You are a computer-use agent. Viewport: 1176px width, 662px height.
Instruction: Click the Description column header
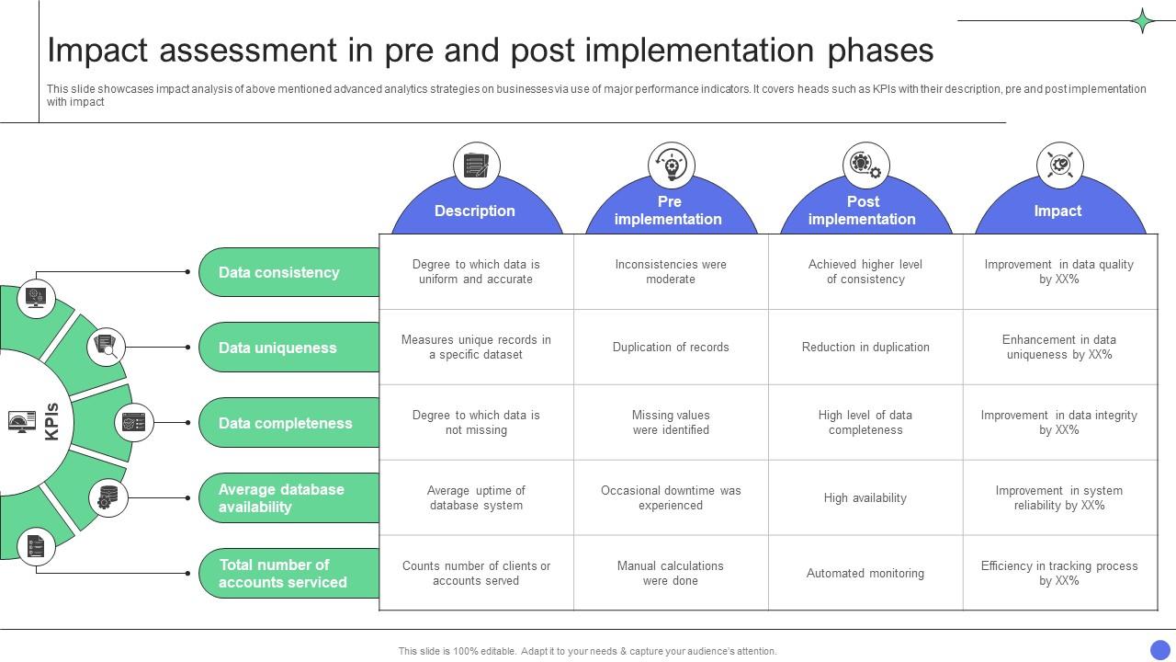pyautogui.click(x=475, y=211)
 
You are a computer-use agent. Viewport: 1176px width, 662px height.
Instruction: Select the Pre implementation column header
pyautogui.click(x=669, y=211)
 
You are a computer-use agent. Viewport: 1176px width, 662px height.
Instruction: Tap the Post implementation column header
pyautogui.click(x=863, y=211)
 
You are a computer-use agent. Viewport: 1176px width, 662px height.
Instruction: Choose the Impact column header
pyautogui.click(x=1057, y=211)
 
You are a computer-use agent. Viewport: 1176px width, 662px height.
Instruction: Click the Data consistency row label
pyautogui.click(x=279, y=272)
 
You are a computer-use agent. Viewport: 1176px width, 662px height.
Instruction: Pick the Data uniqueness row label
pyautogui.click(x=277, y=348)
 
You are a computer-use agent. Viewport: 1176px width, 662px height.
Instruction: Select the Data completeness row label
pyautogui.click(x=285, y=423)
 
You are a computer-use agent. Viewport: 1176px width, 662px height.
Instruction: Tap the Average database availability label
pyautogui.click(x=281, y=498)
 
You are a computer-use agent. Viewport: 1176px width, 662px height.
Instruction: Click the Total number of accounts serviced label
pyautogui.click(x=282, y=574)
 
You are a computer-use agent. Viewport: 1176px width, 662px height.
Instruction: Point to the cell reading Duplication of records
pyautogui.click(x=671, y=348)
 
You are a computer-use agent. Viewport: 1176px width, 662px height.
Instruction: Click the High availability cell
pyautogui.click(x=865, y=498)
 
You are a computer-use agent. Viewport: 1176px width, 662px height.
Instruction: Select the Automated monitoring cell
pyautogui.click(x=865, y=574)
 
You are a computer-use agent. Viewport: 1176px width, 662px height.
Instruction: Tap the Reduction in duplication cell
pyautogui.click(x=865, y=348)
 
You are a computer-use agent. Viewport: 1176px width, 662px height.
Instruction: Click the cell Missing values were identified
pyautogui.click(x=671, y=423)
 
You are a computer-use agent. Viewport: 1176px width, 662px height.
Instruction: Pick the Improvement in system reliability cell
pyautogui.click(x=1059, y=498)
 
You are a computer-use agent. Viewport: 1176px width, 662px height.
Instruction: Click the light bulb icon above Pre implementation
pyautogui.click(x=671, y=165)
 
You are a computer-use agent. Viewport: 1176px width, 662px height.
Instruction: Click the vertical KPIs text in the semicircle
pyautogui.click(x=52, y=421)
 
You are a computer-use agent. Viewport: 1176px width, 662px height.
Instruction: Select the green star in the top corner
pyautogui.click(x=1143, y=21)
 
